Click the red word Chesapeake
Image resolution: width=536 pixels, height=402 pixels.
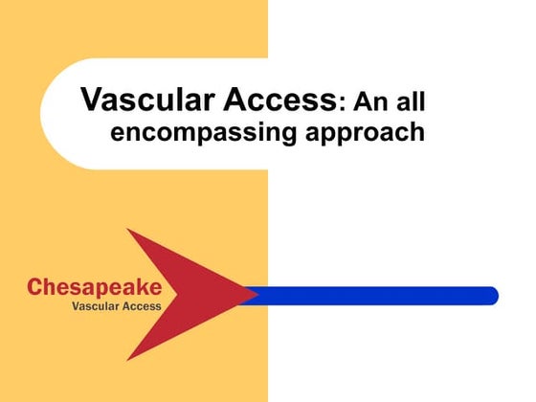(94, 285)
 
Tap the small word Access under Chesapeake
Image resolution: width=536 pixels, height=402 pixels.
(140, 307)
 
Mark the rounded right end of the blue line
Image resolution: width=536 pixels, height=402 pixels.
(492, 296)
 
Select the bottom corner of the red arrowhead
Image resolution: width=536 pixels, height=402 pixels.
(128, 360)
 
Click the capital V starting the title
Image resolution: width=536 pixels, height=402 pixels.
(92, 100)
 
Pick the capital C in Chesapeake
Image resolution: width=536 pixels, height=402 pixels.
(34, 286)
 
